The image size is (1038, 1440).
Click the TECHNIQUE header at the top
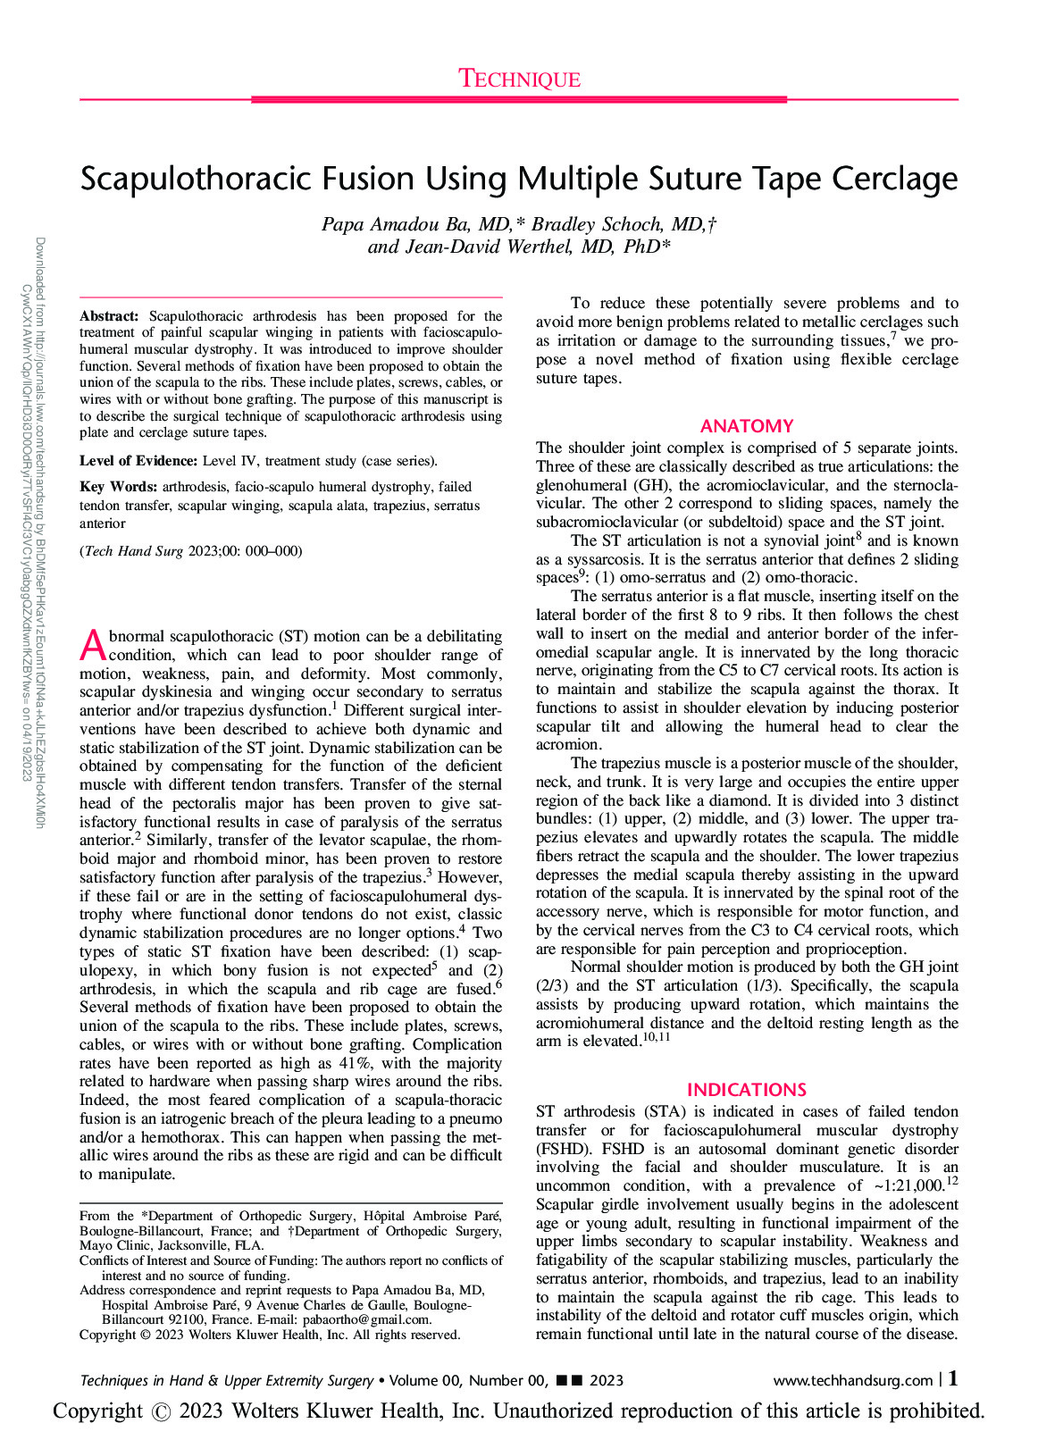tap(519, 80)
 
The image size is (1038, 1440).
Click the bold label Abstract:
tap(109, 316)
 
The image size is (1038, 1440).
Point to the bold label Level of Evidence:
tap(138, 461)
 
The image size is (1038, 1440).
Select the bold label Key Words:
tap(118, 487)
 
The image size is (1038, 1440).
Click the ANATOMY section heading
tap(747, 426)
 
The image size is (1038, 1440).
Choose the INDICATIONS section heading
tap(747, 1090)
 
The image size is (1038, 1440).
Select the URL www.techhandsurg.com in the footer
tap(852, 1380)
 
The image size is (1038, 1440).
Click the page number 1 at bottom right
tap(953, 1379)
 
